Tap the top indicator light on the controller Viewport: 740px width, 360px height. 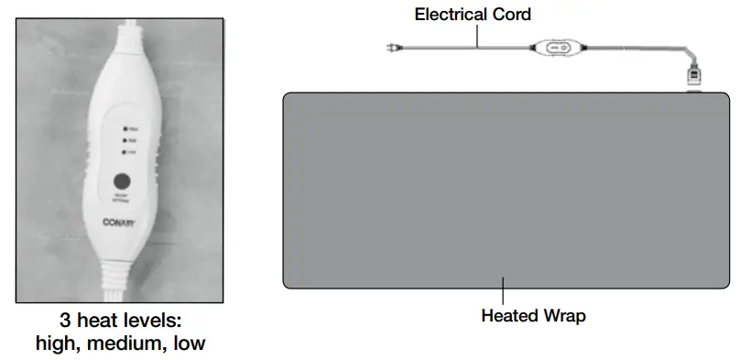(x=125, y=129)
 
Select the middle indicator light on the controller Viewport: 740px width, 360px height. (x=125, y=141)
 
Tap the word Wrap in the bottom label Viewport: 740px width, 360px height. (x=563, y=317)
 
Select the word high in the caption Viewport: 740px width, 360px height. (x=56, y=344)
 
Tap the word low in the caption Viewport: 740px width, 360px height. (x=186, y=344)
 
